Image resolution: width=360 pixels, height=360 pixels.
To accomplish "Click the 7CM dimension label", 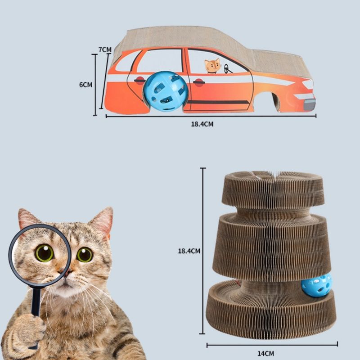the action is [105, 49].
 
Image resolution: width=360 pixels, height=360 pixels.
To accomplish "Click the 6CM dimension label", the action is [85, 85].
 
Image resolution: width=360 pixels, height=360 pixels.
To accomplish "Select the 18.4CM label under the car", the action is [202, 124].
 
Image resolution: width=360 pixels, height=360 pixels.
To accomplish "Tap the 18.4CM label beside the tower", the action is [189, 251].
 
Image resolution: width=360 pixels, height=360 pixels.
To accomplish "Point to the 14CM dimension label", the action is [265, 353].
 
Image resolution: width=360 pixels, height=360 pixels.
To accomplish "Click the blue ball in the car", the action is [166, 91].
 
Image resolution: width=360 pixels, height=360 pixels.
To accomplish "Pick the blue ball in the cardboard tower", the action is [316, 285].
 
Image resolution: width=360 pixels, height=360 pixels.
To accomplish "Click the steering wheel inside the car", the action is [227, 69].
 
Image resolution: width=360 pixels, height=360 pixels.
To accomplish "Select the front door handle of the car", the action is [199, 82].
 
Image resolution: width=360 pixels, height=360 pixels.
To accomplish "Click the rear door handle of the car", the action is [139, 81].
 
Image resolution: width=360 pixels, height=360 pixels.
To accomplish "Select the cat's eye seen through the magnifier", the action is [44, 253].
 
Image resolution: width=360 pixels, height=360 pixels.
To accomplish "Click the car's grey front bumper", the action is [310, 104].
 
